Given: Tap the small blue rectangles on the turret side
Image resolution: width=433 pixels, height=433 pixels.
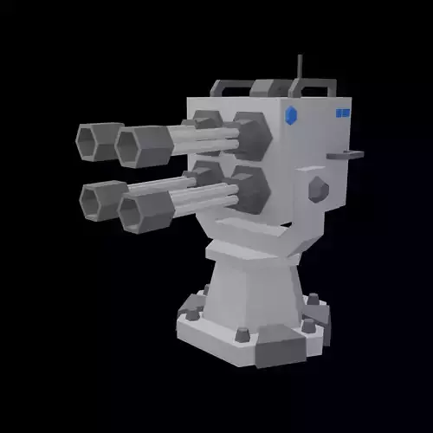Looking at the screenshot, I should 342,113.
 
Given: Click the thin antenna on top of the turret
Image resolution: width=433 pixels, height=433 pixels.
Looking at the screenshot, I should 300,69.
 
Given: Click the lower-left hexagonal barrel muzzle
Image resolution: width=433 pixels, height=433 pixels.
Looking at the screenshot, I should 98,201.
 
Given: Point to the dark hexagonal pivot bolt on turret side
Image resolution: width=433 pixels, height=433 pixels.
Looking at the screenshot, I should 318,188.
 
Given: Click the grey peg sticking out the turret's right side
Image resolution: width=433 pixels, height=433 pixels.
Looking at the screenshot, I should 345,155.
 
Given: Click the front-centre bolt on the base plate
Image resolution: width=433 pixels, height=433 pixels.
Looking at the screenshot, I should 242,333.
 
